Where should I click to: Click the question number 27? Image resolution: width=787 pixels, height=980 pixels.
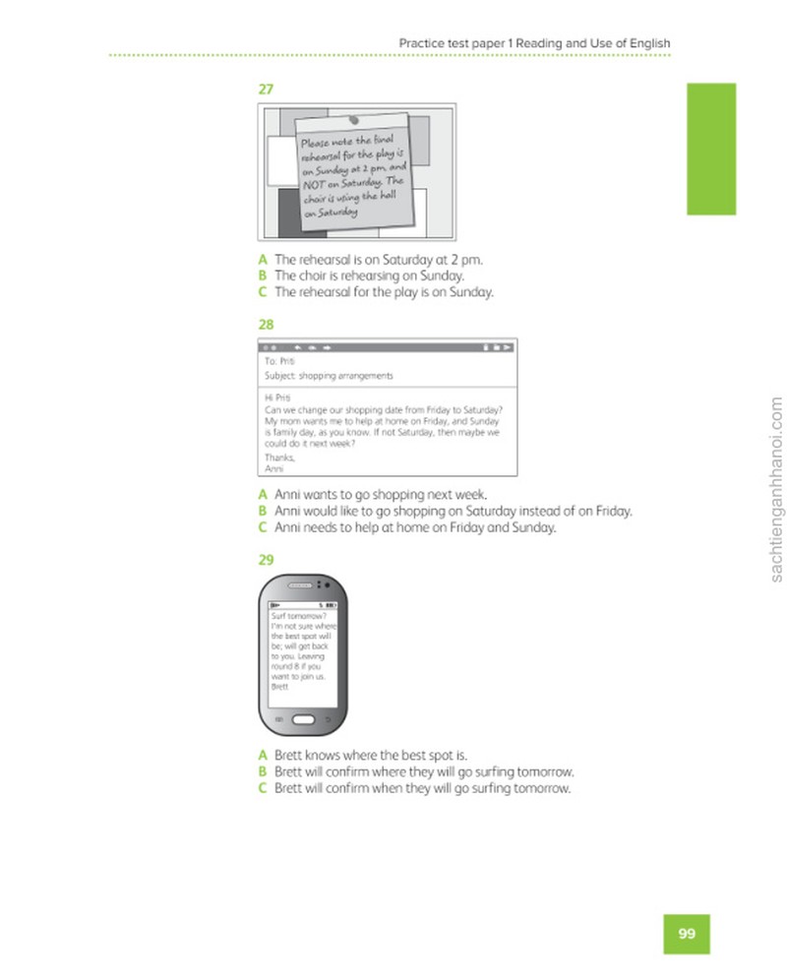(x=266, y=90)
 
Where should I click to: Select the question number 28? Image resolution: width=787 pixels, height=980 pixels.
(x=266, y=325)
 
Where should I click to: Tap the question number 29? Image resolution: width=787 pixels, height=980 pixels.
(x=266, y=560)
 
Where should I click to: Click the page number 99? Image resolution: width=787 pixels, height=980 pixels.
(x=687, y=934)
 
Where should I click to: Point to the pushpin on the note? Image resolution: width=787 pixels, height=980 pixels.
(x=354, y=119)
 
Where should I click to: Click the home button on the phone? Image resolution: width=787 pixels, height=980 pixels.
(x=303, y=719)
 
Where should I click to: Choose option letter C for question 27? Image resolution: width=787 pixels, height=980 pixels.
(x=263, y=292)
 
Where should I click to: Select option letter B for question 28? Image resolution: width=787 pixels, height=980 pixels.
(x=263, y=512)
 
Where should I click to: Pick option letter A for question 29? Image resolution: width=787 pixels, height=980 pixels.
(x=263, y=755)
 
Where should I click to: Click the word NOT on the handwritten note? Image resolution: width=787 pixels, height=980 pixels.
(x=314, y=185)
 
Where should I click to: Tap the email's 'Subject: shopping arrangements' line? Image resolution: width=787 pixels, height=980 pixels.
(x=329, y=376)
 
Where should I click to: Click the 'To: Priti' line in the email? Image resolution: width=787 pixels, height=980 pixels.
(x=279, y=361)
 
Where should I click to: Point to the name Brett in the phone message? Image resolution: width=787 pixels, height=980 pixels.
(x=279, y=686)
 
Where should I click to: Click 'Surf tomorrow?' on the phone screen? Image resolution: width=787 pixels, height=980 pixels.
(x=299, y=616)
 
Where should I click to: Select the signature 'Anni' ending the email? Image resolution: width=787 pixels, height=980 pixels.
(x=273, y=468)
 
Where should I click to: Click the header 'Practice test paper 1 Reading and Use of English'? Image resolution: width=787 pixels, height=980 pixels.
(x=534, y=43)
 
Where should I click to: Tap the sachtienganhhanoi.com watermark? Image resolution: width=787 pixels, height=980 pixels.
(x=776, y=489)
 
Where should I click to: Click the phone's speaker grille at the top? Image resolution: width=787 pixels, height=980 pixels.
(x=299, y=585)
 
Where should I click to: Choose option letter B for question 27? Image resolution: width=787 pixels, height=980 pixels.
(x=263, y=276)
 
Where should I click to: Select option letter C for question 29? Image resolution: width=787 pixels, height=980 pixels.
(x=263, y=788)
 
